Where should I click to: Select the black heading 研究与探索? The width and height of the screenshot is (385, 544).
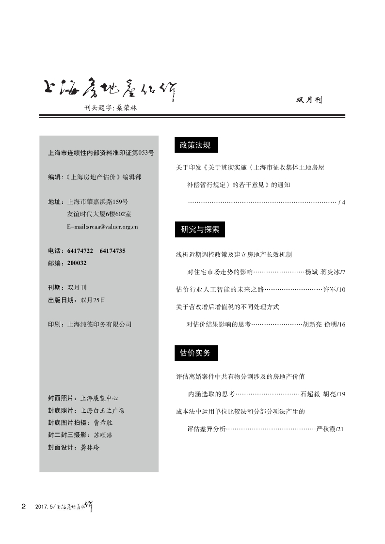(x=200, y=230)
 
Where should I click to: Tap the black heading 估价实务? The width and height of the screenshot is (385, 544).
(x=195, y=354)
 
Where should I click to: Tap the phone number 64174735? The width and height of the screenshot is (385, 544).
(x=112, y=251)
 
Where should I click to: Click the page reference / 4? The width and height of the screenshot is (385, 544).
(x=341, y=202)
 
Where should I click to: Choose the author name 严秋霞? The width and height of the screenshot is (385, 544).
(x=324, y=429)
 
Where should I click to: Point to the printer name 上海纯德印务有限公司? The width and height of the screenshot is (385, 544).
(x=100, y=324)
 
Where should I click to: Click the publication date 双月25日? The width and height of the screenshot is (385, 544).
(x=93, y=300)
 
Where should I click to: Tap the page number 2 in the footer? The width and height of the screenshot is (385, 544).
(x=23, y=507)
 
